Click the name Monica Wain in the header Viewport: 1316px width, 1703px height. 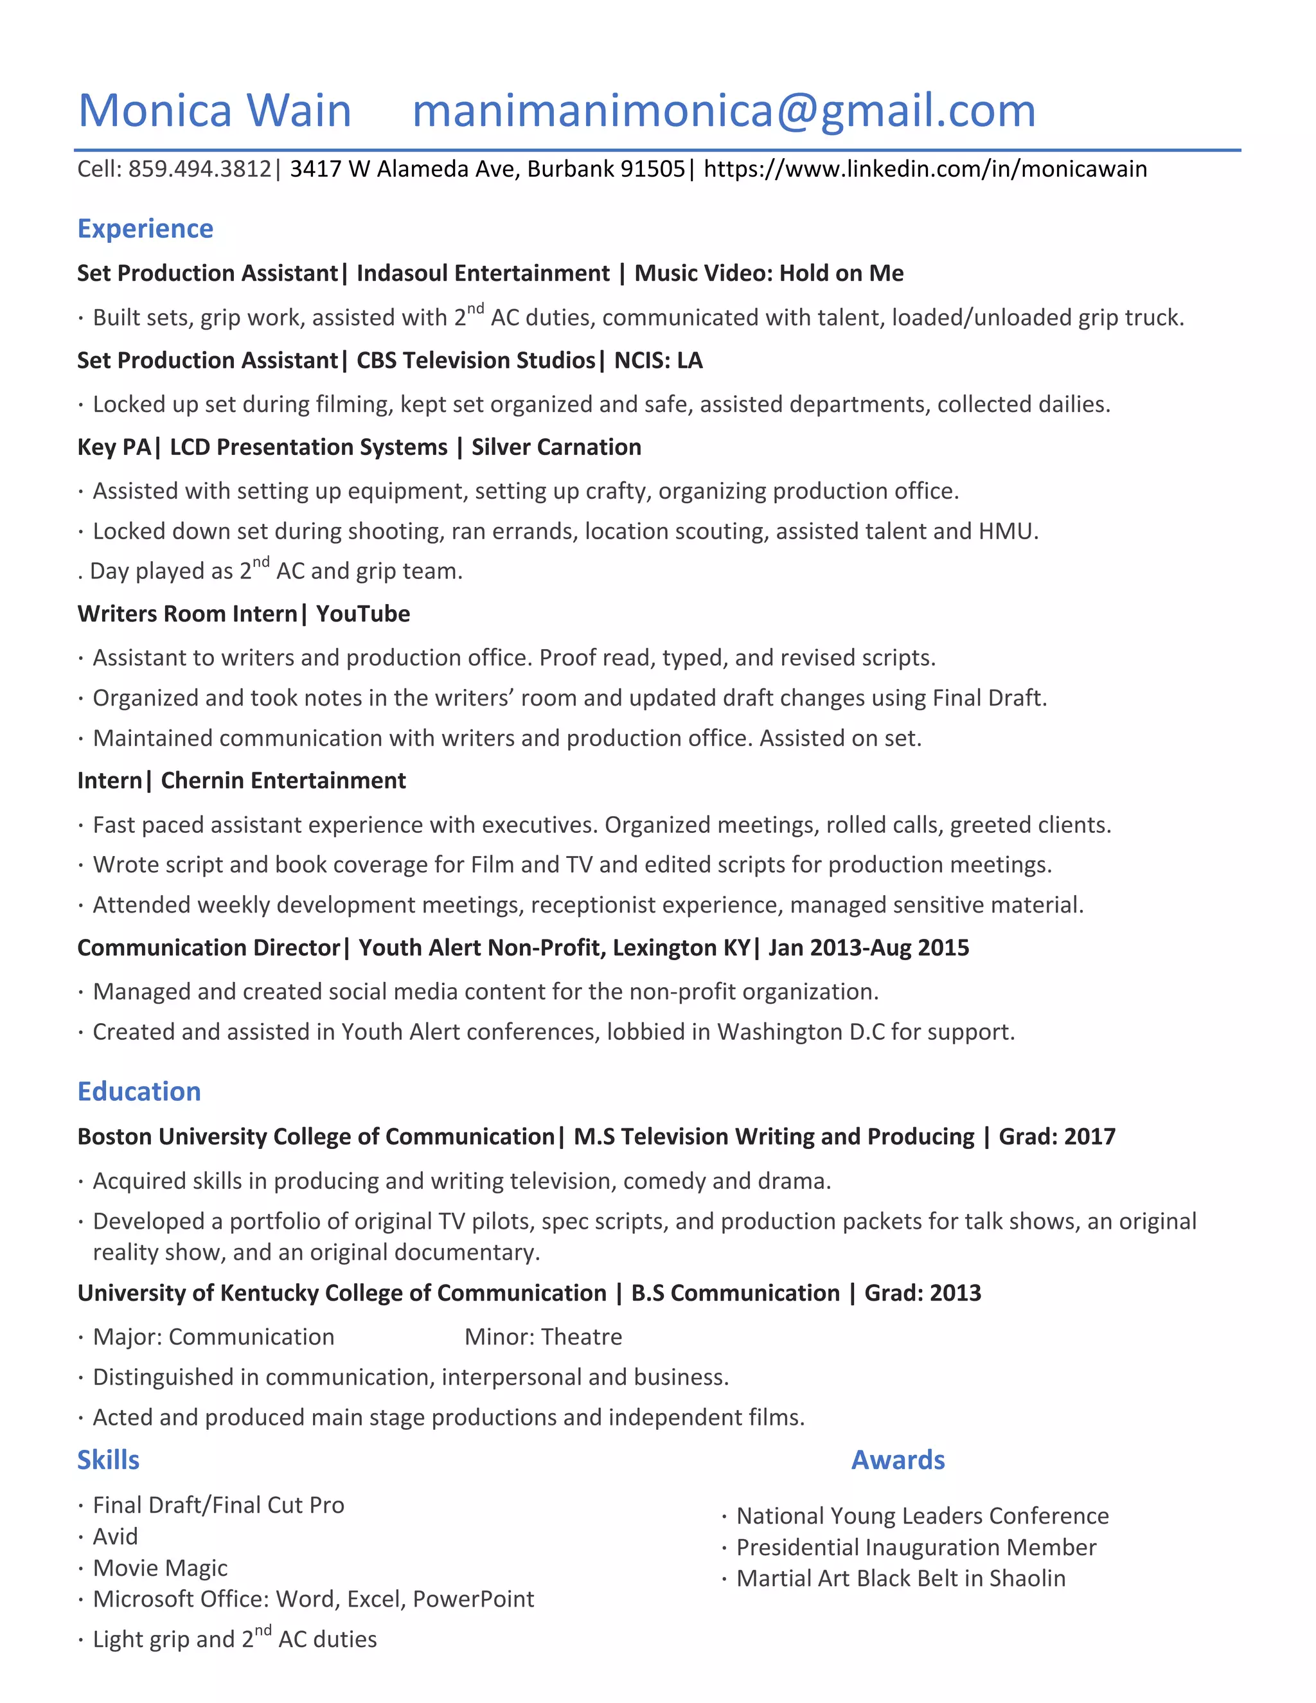tap(215, 110)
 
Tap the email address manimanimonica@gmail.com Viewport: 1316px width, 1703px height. tap(724, 110)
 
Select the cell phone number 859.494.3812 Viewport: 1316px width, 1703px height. tap(200, 169)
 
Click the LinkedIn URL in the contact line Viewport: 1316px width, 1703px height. tap(925, 169)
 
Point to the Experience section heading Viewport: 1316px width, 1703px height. tap(145, 229)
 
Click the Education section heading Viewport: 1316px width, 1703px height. tap(139, 1091)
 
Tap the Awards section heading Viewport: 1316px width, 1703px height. tap(897, 1459)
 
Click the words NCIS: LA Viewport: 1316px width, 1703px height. tap(658, 361)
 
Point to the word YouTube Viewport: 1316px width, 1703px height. tap(362, 614)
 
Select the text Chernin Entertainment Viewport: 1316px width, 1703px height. tap(283, 781)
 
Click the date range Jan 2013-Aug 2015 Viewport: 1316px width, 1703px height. tap(869, 947)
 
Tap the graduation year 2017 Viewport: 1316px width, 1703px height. tap(1090, 1136)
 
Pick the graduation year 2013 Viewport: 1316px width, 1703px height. tap(956, 1293)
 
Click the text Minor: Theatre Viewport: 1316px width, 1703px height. tap(544, 1337)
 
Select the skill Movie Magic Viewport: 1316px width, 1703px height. tap(160, 1567)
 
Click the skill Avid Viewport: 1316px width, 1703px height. tap(116, 1536)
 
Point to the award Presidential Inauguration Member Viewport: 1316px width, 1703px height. tap(916, 1547)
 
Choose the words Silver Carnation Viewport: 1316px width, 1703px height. tap(556, 447)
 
